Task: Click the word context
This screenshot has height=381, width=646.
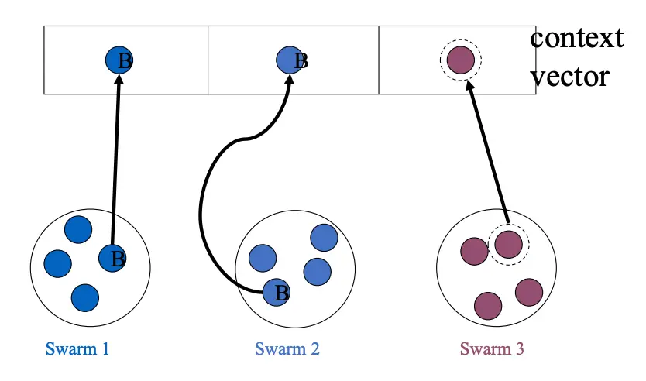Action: point(576,38)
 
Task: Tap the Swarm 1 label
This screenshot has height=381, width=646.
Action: point(77,348)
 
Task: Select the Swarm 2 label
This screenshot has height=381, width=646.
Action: point(287,348)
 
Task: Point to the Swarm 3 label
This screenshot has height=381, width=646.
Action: point(492,348)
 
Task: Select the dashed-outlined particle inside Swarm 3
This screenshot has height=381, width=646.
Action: point(508,243)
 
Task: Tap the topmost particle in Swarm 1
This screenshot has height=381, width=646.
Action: point(78,229)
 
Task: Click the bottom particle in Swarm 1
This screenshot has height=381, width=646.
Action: point(84,297)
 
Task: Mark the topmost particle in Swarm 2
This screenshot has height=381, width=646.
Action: point(324,238)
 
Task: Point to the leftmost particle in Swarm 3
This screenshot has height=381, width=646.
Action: point(473,251)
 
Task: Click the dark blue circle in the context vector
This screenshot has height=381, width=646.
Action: point(119,60)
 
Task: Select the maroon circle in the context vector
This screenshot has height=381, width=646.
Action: point(461,60)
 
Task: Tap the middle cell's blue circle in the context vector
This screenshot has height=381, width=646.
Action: point(290,60)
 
